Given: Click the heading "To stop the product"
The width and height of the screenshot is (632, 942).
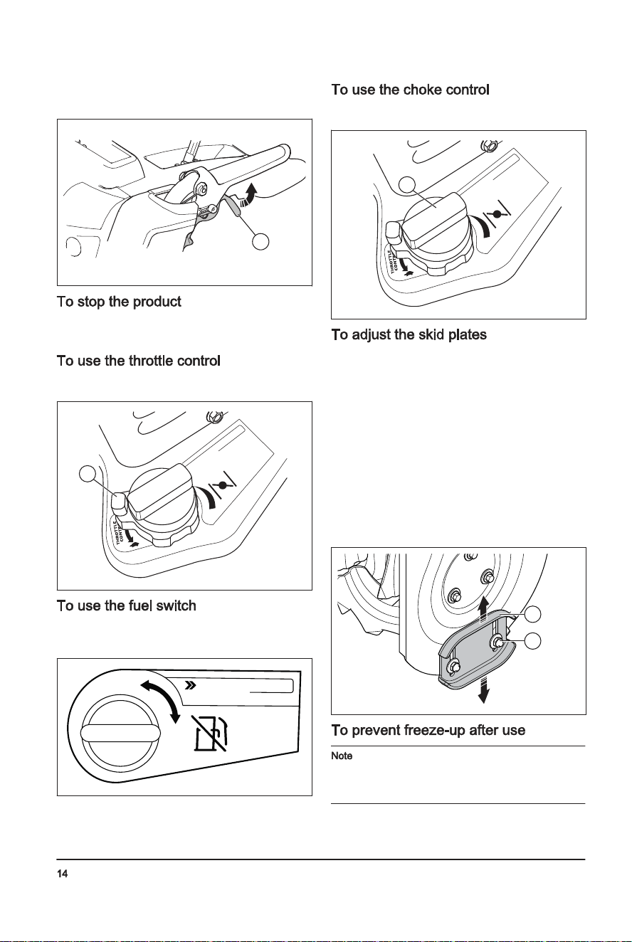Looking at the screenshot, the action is click(x=119, y=302).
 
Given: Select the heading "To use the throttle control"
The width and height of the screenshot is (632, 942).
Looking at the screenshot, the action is click(x=139, y=361).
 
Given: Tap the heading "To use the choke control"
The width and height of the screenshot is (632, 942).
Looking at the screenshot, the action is click(x=410, y=90).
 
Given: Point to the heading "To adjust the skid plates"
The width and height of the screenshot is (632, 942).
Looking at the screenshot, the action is click(x=409, y=334).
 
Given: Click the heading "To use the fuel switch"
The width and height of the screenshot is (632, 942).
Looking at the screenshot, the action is click(x=126, y=605).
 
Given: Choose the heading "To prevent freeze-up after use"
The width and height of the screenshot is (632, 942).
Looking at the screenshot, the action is click(x=428, y=730).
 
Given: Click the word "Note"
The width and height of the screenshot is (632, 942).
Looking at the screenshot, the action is click(x=342, y=756).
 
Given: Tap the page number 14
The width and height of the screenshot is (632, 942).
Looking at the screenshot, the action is click(x=62, y=874).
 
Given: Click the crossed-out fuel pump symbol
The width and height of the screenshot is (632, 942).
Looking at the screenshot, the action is click(x=211, y=733).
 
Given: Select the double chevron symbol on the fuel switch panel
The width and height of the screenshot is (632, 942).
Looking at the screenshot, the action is click(x=191, y=686).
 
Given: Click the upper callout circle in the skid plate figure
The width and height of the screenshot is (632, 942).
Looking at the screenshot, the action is click(x=532, y=615).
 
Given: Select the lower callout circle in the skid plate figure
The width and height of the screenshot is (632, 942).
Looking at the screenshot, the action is click(x=532, y=640).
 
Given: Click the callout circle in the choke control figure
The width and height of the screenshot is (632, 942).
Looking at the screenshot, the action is click(x=407, y=184).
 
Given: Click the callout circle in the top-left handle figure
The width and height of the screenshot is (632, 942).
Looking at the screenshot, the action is click(x=260, y=241).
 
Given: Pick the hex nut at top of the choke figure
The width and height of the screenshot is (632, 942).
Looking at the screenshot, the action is click(x=489, y=147).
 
